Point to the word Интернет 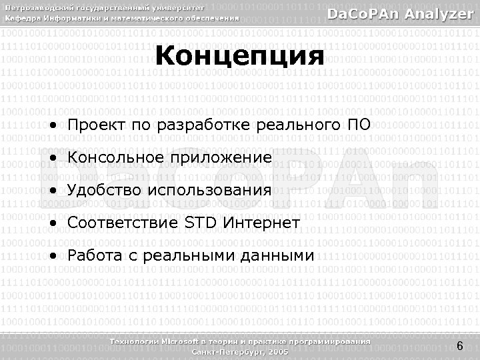click(262, 222)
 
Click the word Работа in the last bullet click(95, 255)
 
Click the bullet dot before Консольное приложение click(52, 159)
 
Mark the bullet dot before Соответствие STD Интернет click(52, 223)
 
